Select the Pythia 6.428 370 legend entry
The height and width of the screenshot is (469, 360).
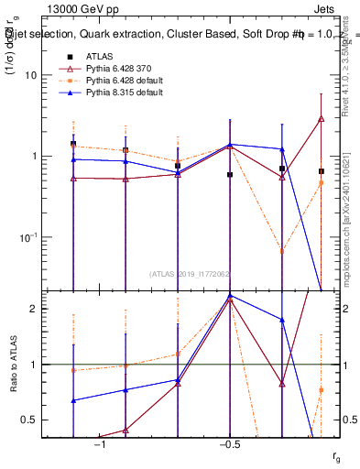click(x=115, y=69)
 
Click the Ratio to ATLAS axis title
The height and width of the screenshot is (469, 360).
click(x=12, y=365)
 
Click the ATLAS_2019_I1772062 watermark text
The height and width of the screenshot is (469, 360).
click(x=189, y=273)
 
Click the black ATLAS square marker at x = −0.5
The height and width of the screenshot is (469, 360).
click(x=230, y=174)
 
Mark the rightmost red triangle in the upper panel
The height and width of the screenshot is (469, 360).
click(x=321, y=118)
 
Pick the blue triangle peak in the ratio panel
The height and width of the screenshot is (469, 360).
click(x=230, y=296)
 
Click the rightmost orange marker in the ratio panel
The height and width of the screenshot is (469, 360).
click(x=321, y=390)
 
